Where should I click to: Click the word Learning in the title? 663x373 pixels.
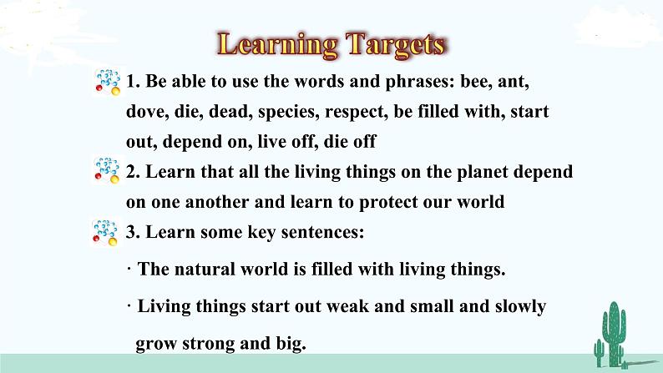pos(277,45)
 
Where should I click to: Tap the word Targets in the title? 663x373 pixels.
pos(395,45)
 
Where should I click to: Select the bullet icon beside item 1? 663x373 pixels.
pos(108,82)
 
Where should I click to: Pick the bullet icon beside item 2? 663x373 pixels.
pos(106,170)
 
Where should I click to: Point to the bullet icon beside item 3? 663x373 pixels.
pos(105,232)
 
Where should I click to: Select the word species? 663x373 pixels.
pos(288,113)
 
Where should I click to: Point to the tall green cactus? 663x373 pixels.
pos(614,334)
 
